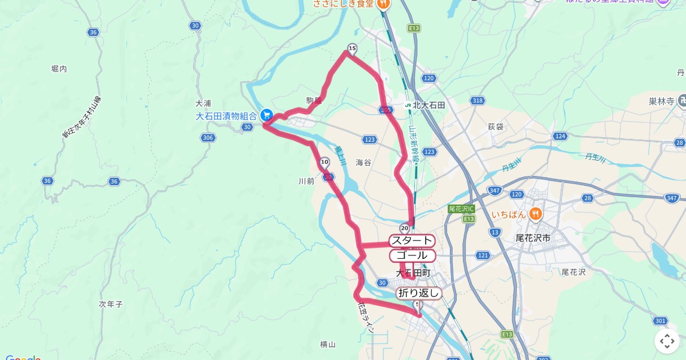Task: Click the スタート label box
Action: (x=411, y=241)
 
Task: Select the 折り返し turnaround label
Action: (x=419, y=294)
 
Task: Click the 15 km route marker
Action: (x=352, y=49)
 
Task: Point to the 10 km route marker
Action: (x=325, y=162)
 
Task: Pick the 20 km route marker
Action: (x=405, y=228)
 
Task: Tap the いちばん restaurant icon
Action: (x=535, y=214)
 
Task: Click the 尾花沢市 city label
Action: (x=532, y=237)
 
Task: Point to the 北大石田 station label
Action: (x=429, y=105)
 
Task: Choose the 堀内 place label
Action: (x=59, y=69)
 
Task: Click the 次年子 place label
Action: (x=111, y=305)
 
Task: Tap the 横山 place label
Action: (x=328, y=344)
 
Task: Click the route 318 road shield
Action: (x=477, y=101)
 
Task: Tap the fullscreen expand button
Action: (x=667, y=341)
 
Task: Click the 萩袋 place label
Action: (x=496, y=126)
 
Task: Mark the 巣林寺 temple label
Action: (x=661, y=101)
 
